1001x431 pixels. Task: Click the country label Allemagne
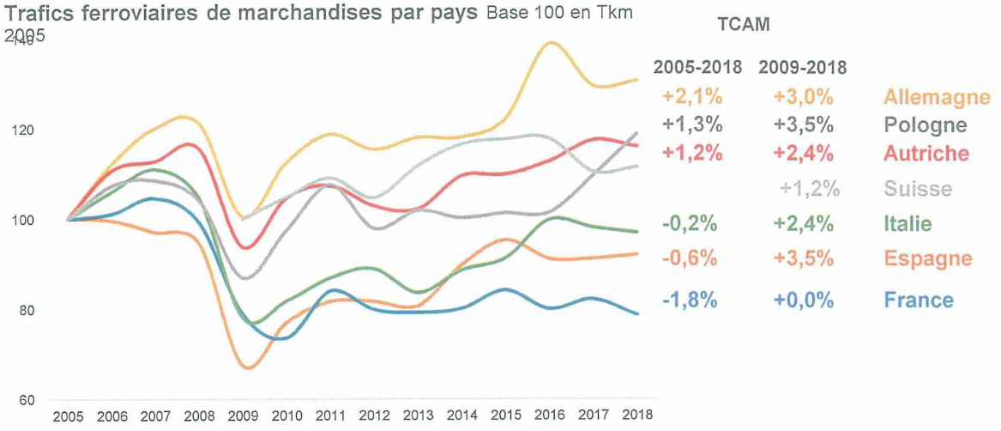937,96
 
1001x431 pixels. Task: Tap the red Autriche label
926,154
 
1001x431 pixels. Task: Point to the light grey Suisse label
917,189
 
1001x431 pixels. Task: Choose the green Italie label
907,224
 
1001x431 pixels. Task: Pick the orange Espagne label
928,258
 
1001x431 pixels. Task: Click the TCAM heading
743,25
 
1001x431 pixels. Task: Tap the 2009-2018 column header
803,67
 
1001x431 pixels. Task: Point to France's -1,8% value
690,300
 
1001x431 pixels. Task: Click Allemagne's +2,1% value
692,96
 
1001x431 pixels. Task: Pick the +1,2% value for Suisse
810,189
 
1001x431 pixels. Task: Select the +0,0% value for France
803,300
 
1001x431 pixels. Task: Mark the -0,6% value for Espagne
690,258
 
